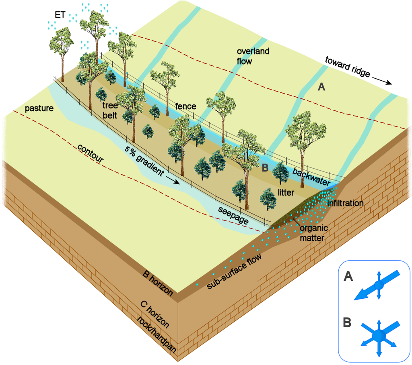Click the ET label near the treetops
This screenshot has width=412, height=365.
pyautogui.click(x=60, y=15)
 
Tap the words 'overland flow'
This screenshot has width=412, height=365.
pyautogui.click(x=253, y=56)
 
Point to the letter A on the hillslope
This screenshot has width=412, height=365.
pyautogui.click(x=321, y=87)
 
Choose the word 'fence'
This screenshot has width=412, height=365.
pyautogui.click(x=185, y=106)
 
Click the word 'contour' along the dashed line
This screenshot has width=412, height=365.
pyautogui.click(x=91, y=153)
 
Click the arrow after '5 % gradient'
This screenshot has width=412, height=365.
pyautogui.click(x=174, y=181)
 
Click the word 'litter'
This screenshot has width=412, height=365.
pyautogui.click(x=286, y=193)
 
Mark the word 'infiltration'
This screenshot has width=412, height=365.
pyautogui.click(x=345, y=203)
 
